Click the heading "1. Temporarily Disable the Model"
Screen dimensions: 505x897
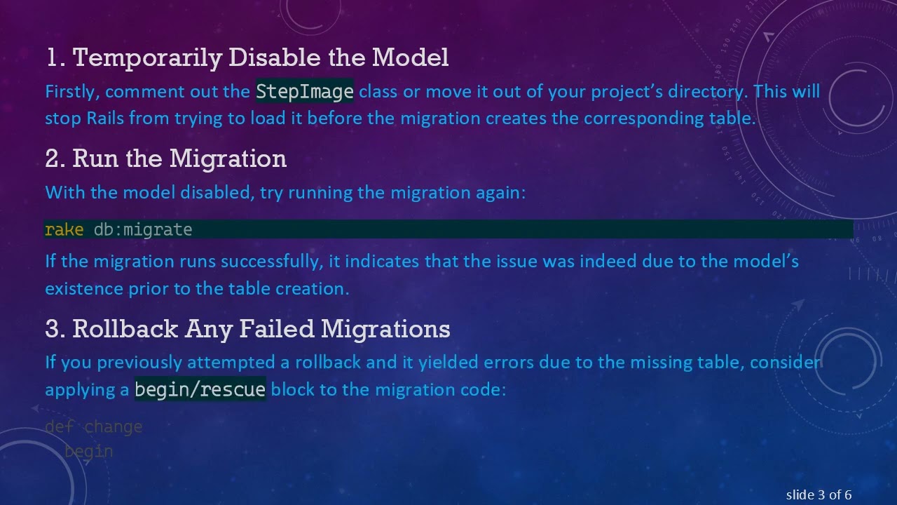tap(247, 58)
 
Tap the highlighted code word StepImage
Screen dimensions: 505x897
tap(305, 92)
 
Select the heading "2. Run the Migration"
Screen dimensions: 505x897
tap(165, 159)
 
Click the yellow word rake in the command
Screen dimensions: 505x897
tap(64, 229)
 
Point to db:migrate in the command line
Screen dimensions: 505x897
tap(143, 229)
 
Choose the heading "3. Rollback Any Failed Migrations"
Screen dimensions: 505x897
tap(247, 328)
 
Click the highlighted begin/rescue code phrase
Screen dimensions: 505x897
tap(200, 389)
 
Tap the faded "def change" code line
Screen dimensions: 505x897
tap(93, 426)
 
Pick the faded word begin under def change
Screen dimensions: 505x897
tap(89, 451)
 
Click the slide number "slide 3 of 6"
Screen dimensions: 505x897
tap(819, 495)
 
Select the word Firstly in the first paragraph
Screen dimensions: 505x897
tap(72, 92)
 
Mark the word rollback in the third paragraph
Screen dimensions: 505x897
tap(327, 363)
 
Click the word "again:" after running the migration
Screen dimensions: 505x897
tap(501, 192)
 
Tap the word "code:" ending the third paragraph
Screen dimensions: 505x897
tap(483, 389)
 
